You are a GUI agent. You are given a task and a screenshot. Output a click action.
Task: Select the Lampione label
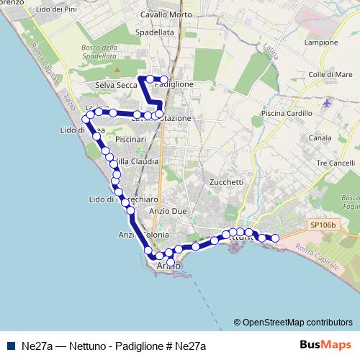coord(320,42)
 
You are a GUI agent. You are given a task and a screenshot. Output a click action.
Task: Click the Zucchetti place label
coord(226,182)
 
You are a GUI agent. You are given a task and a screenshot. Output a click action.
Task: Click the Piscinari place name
coord(130,138)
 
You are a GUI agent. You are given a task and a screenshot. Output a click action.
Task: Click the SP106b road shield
coord(323,225)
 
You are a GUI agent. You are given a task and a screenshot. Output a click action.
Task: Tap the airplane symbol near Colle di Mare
coord(328,102)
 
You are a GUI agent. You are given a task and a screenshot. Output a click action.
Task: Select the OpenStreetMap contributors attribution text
coord(297,322)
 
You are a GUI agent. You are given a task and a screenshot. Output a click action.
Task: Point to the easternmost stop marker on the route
coord(274,238)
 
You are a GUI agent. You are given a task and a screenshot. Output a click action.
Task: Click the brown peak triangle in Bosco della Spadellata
coord(117,70)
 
